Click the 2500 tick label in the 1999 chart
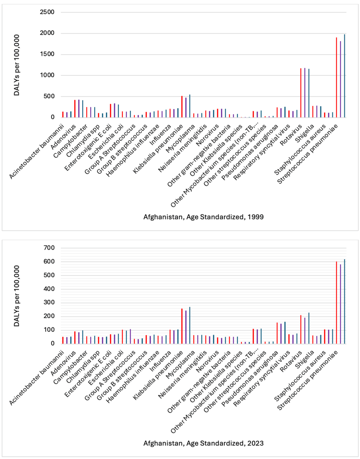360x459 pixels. coord(47,12)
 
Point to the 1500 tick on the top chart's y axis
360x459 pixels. coord(47,54)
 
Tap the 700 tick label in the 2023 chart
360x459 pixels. coord(49,248)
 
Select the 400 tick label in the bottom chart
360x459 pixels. coord(49,289)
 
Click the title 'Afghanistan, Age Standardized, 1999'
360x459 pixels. coord(203,217)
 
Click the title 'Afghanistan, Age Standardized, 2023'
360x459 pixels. coord(203,443)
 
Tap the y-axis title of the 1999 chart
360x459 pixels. coord(17,65)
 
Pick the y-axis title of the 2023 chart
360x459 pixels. coord(17,296)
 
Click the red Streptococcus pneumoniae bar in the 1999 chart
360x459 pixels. coord(336,77)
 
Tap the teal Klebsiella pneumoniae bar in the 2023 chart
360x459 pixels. coord(189,325)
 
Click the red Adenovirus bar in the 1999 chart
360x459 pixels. coord(75,108)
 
